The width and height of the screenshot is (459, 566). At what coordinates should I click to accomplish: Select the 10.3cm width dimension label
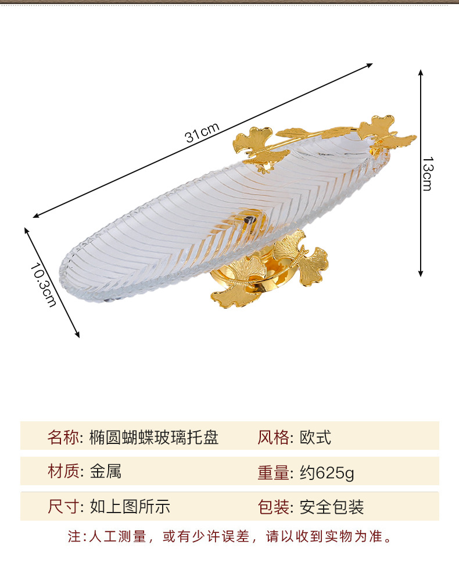click(x=44, y=283)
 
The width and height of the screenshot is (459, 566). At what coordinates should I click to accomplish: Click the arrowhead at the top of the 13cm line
click(x=421, y=73)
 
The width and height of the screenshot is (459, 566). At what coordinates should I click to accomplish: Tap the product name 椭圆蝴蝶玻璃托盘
click(x=154, y=437)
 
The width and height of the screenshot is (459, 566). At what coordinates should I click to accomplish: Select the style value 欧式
click(x=315, y=437)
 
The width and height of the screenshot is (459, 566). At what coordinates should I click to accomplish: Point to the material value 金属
click(x=105, y=472)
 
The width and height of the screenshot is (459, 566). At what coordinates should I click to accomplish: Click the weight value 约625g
click(x=327, y=473)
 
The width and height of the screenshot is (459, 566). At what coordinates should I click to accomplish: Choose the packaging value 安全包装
click(x=332, y=507)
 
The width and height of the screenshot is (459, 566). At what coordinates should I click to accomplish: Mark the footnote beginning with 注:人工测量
click(x=229, y=536)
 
